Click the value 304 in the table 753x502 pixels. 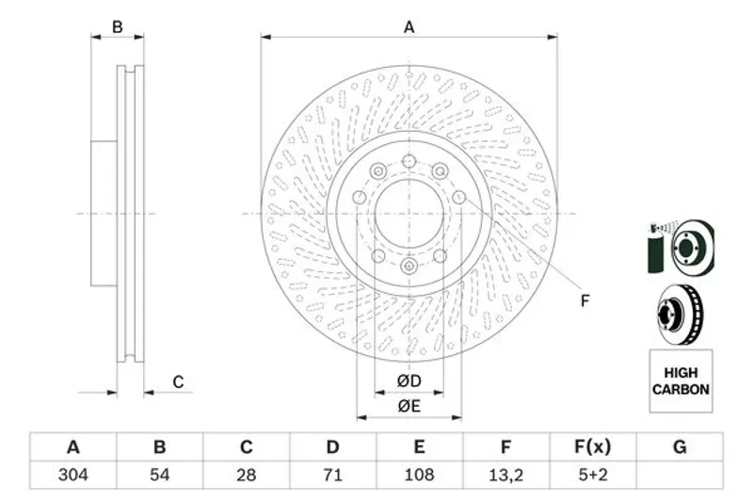[73, 475]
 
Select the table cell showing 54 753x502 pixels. [159, 475]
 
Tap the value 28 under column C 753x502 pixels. [246, 475]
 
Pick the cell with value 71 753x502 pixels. [332, 475]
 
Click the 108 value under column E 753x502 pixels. [419, 475]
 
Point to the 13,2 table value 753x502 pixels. [505, 475]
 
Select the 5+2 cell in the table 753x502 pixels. [593, 475]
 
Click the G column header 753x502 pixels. [680, 447]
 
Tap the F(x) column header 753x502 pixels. [593, 447]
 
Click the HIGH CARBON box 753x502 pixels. [681, 381]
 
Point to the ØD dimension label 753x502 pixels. [409, 381]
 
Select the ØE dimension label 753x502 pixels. [409, 407]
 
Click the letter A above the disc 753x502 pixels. [409, 27]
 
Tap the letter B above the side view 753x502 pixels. [117, 27]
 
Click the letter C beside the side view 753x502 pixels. [178, 381]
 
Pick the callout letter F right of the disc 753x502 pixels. [585, 301]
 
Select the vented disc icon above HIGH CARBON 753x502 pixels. [680, 315]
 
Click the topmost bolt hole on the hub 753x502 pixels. [409, 161]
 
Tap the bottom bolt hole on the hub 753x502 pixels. [409, 266]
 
